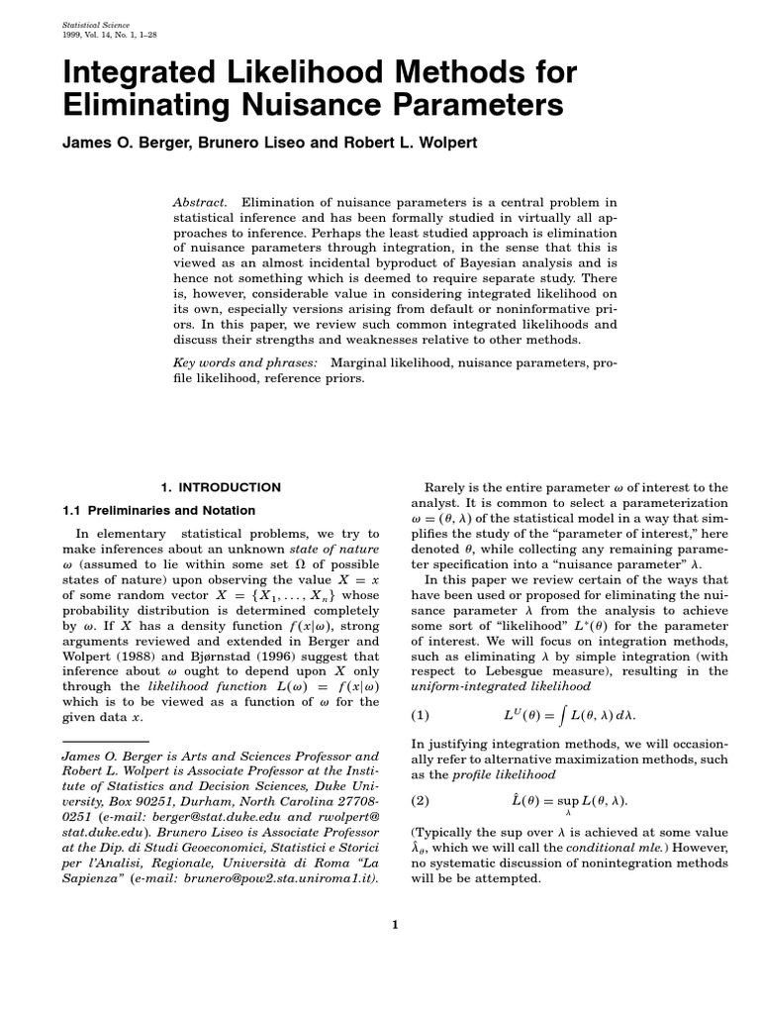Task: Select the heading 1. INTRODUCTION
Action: [220, 487]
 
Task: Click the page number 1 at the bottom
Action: [394, 925]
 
